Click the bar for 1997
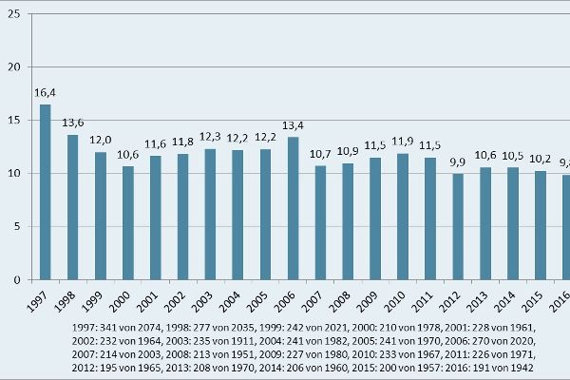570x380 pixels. pyautogui.click(x=45, y=192)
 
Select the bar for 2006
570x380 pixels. pyautogui.click(x=293, y=208)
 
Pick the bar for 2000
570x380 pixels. pyautogui.click(x=127, y=223)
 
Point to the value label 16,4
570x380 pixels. pyautogui.click(x=45, y=92)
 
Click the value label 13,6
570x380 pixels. pyautogui.click(x=72, y=123)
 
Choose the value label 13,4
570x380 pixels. pyautogui.click(x=293, y=124)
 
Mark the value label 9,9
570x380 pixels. pyautogui.click(x=458, y=161)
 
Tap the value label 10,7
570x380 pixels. pyautogui.click(x=320, y=154)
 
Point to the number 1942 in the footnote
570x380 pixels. pyautogui.click(x=519, y=367)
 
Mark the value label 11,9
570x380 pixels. pyautogui.click(x=403, y=141)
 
